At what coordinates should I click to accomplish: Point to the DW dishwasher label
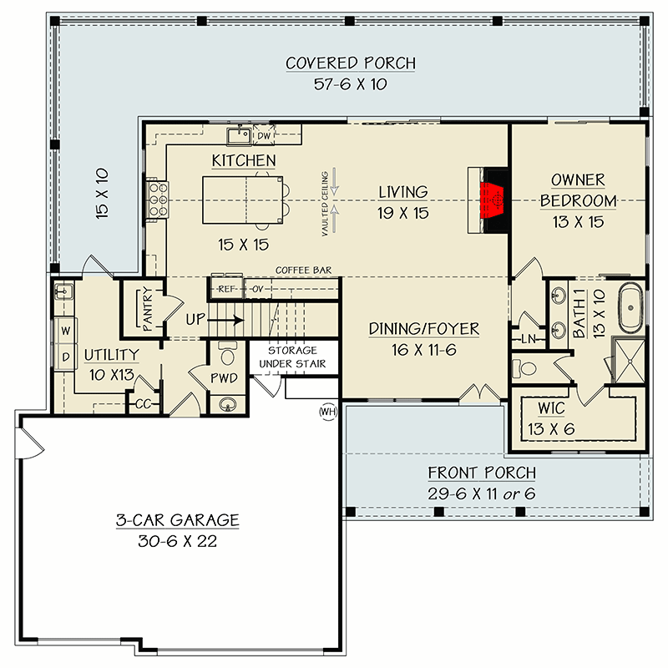pos(264,134)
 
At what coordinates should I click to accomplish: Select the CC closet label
pos(143,403)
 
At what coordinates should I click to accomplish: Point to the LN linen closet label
pos(528,338)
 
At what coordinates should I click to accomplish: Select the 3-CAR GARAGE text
pos(177,520)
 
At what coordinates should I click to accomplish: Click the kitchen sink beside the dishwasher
pos(238,134)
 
